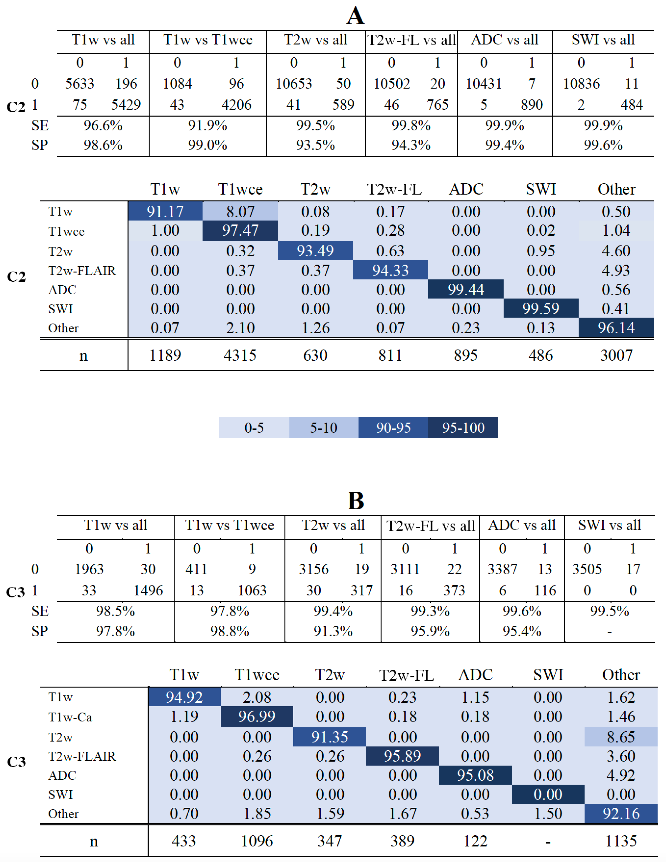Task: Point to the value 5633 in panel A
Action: point(80,84)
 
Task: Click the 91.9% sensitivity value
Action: point(208,126)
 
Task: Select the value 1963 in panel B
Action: point(89,569)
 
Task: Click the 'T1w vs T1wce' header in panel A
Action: point(208,40)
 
